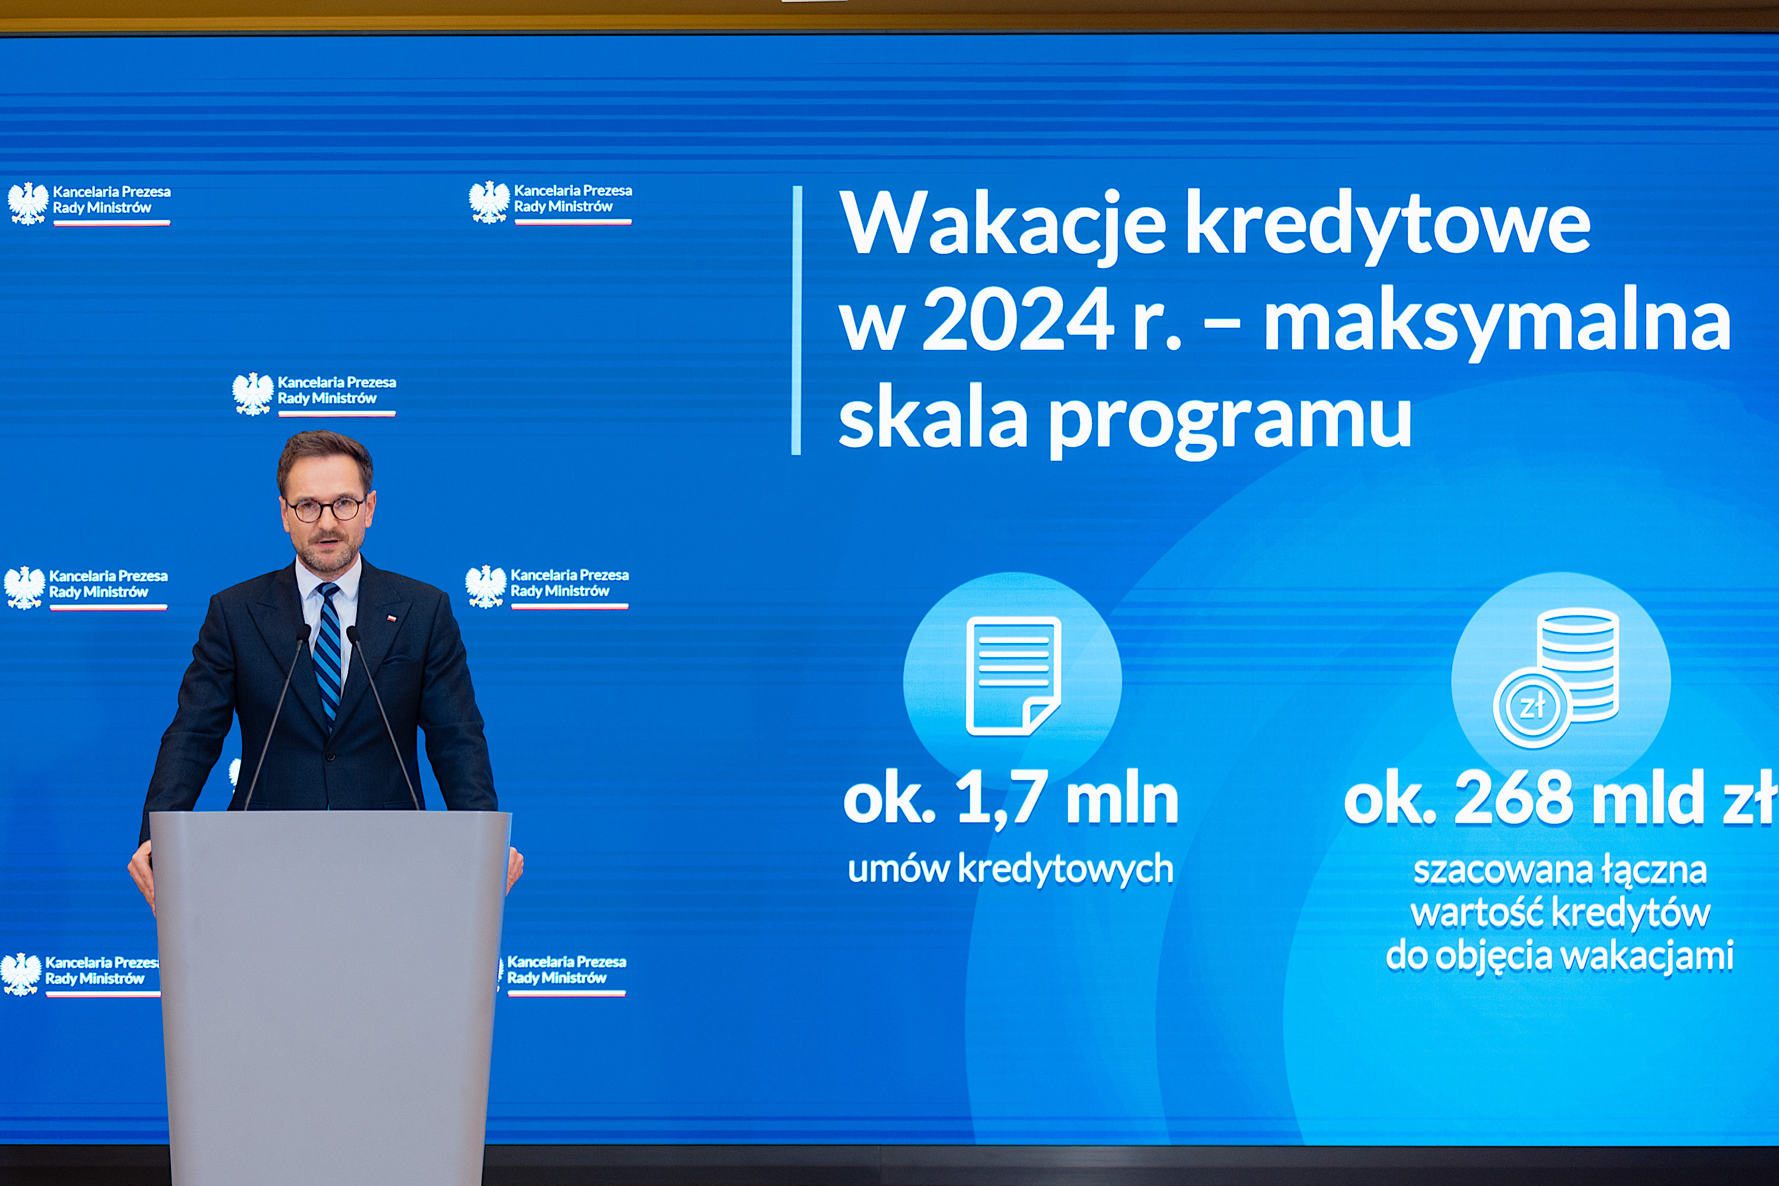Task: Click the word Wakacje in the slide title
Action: [1002, 225]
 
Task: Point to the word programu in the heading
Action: [1230, 420]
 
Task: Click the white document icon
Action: [1013, 675]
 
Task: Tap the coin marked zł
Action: [1532, 708]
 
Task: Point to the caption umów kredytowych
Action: [1010, 869]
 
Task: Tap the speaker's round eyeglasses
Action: [326, 508]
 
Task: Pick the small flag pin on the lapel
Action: [391, 618]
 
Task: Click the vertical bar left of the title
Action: [796, 321]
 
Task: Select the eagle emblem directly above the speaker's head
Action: [253, 393]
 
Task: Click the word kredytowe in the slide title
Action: [1387, 225]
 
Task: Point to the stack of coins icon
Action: [1578, 665]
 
